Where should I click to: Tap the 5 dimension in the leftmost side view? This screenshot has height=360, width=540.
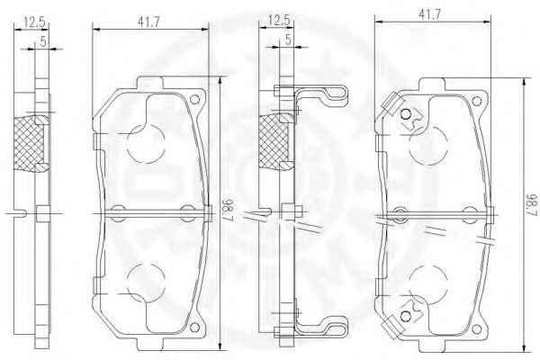[43, 42]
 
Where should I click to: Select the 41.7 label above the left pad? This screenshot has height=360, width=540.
[148, 22]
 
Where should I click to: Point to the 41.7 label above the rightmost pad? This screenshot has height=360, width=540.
[429, 14]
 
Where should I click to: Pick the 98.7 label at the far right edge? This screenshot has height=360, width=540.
[533, 205]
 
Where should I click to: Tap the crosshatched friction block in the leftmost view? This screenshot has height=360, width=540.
[29, 144]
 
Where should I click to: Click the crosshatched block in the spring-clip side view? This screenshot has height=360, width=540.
[274, 141]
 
